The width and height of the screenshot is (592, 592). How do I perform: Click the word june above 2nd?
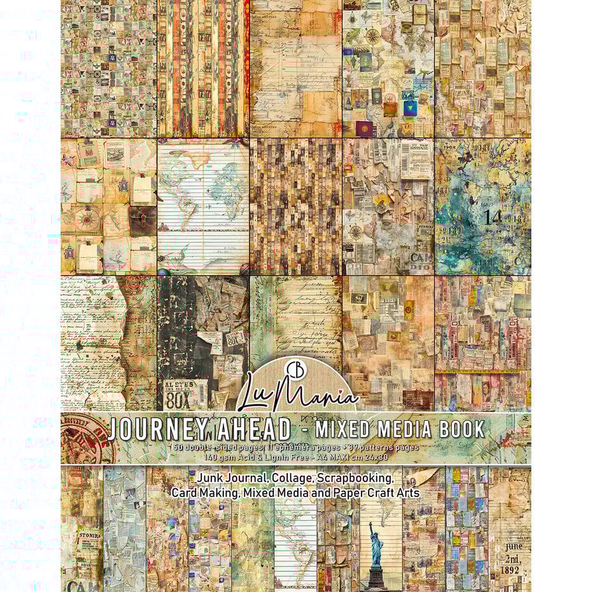tap(510, 546)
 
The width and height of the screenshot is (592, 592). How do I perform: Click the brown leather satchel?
tap(141, 220)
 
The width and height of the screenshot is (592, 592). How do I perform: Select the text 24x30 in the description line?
tap(404, 456)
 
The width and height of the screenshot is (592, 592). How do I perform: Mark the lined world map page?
tap(203, 207)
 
